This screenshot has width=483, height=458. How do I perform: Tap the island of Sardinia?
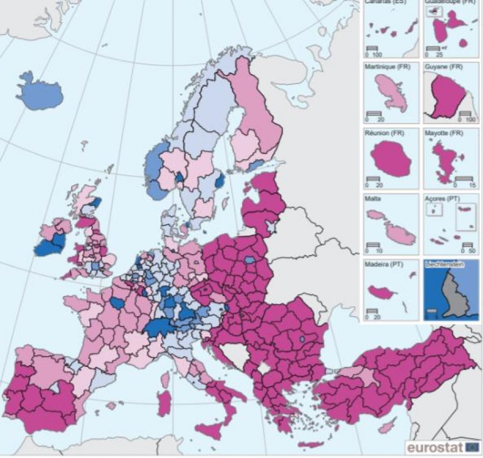(x=165, y=403)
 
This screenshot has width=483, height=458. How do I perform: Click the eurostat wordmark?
(x=435, y=447)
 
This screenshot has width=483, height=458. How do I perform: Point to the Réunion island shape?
(x=390, y=161)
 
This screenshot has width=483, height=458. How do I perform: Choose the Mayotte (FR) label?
(x=444, y=133)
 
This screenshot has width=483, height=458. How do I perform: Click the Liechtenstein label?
(x=444, y=264)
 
